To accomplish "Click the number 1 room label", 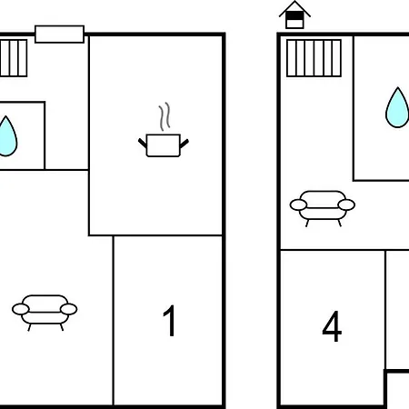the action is point(170,321).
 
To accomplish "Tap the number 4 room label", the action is point(332,326).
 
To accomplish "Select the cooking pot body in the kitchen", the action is point(164,145).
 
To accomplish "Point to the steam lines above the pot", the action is point(165,116).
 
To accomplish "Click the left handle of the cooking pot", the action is point(143,143).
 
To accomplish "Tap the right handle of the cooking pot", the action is point(185,144).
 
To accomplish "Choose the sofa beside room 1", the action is point(45,313).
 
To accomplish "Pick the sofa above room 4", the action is point(323,208).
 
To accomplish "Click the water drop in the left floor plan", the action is point(6,136).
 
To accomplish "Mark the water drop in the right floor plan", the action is point(397,107).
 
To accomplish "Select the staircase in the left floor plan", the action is point(14,58).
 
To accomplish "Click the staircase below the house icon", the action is point(314,58).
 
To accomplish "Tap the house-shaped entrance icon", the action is point(294,15).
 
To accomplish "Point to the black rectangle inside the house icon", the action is point(294,15).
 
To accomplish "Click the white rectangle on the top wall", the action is point(59,35).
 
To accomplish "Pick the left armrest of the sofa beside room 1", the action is point(21,309).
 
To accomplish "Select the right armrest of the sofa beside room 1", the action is point(69,309).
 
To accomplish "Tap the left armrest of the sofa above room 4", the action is point(298,205).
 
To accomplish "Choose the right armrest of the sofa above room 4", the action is point(346,204).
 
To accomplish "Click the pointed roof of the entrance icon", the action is point(294,8).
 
